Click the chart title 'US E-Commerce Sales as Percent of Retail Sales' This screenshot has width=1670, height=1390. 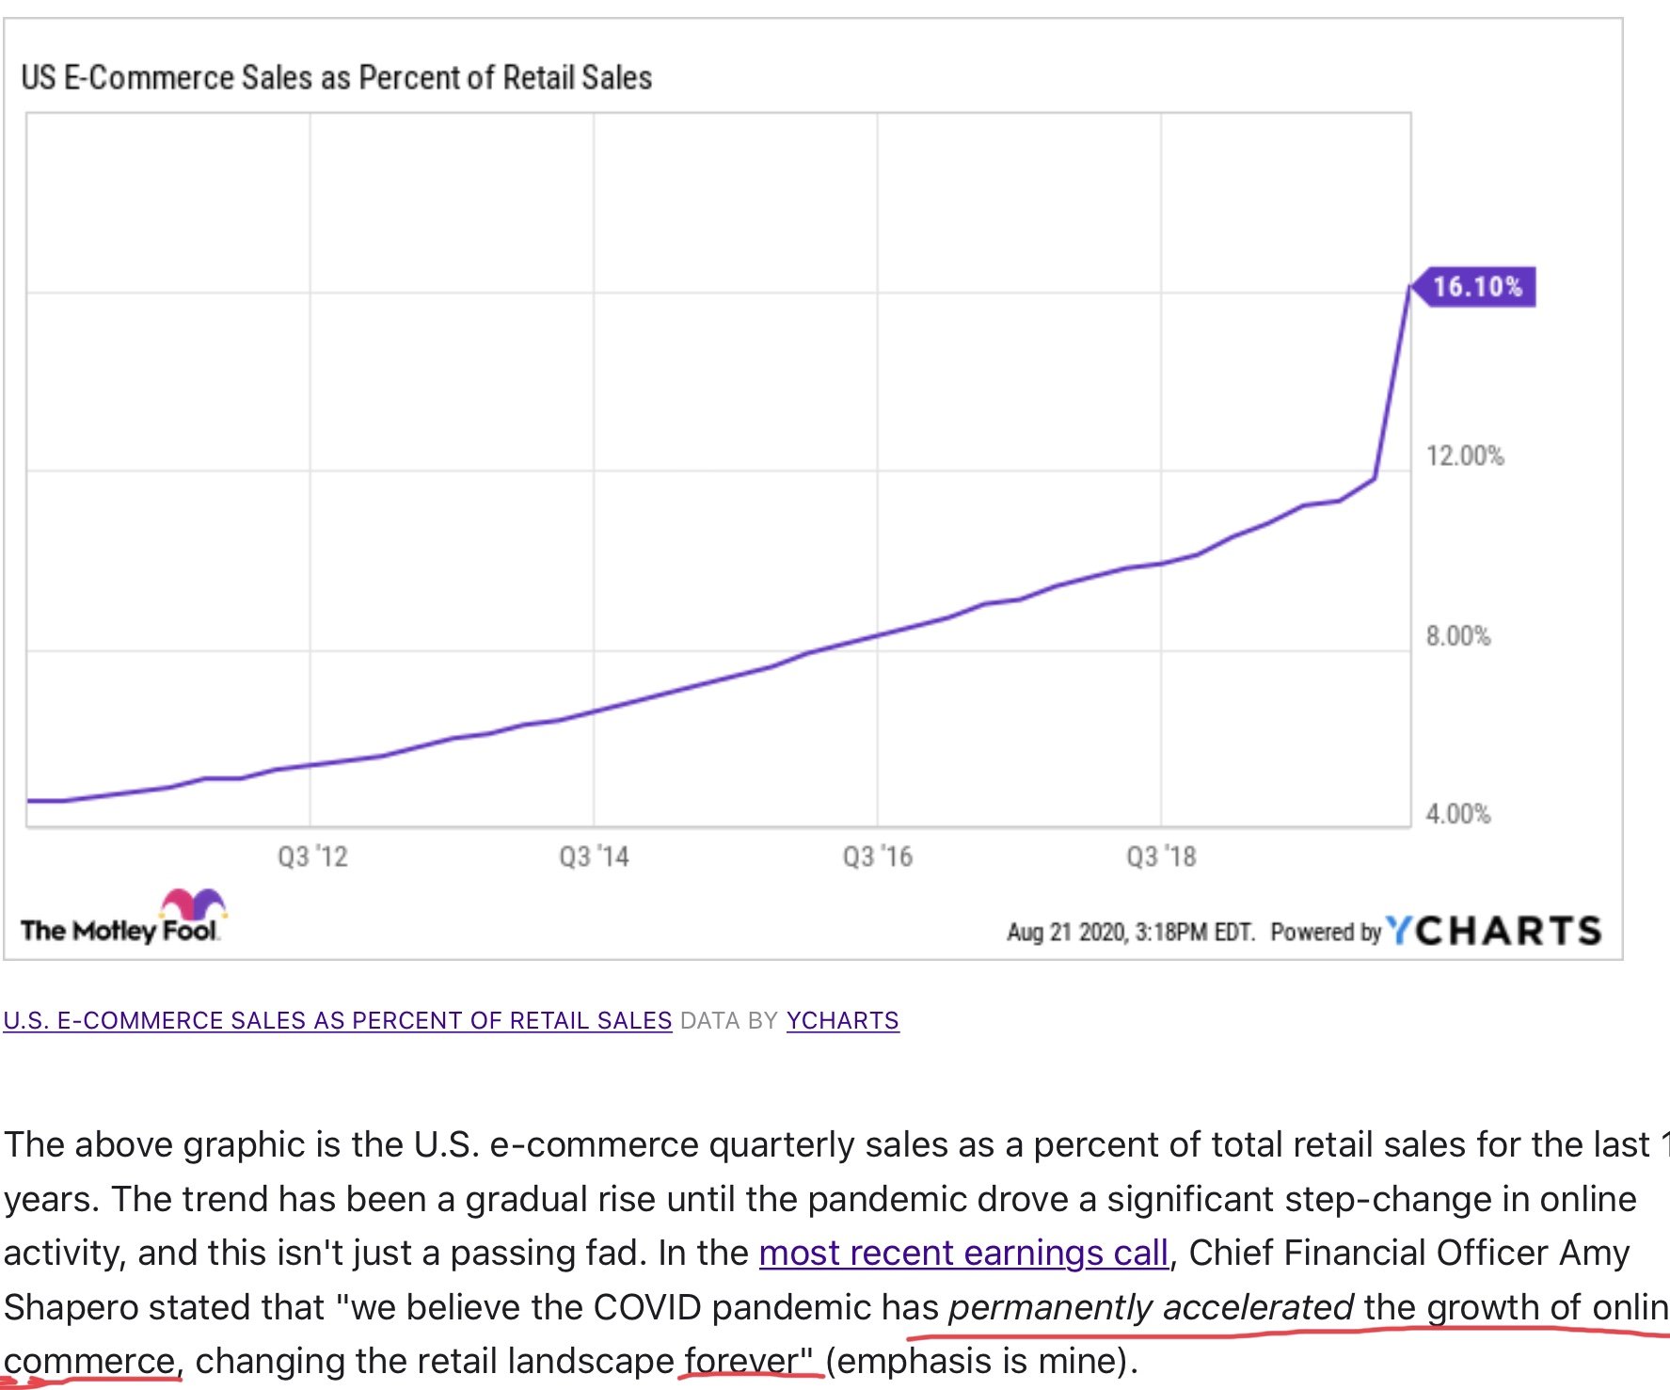click(336, 77)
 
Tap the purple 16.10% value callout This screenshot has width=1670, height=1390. click(1477, 287)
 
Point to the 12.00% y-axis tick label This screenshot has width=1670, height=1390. click(1464, 456)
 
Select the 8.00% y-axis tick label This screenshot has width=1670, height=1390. click(1457, 636)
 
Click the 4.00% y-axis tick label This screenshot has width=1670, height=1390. click(1457, 814)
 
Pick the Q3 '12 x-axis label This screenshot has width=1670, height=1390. click(312, 856)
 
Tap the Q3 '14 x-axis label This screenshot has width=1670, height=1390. click(594, 856)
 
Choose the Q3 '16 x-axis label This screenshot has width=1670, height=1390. click(877, 856)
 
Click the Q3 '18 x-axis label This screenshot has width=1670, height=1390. click(1161, 856)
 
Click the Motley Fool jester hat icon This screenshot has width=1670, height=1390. click(193, 903)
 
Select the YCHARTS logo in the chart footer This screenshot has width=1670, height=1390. click(1494, 931)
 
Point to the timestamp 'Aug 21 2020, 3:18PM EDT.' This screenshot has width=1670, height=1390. click(1130, 932)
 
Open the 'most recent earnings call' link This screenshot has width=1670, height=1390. click(963, 1253)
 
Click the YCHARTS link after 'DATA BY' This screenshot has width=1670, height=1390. click(842, 1020)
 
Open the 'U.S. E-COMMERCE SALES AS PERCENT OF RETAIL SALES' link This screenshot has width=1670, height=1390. click(337, 1020)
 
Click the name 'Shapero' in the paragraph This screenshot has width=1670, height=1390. click(71, 1307)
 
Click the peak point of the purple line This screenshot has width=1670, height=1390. click(1409, 285)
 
